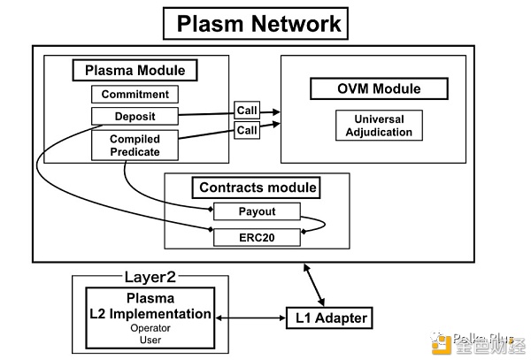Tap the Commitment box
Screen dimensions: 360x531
coord(135,94)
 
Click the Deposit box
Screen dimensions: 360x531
coord(135,115)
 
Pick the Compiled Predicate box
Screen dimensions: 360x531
coord(135,145)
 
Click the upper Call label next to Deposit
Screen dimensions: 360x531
coord(246,111)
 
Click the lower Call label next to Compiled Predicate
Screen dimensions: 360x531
coord(246,130)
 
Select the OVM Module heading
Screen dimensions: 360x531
coord(366,88)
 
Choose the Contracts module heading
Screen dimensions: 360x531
coord(257,188)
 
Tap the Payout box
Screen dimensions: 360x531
coord(257,212)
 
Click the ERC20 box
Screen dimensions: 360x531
coord(257,236)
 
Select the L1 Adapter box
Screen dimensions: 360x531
coord(327,317)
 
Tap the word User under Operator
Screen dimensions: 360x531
coord(149,339)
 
